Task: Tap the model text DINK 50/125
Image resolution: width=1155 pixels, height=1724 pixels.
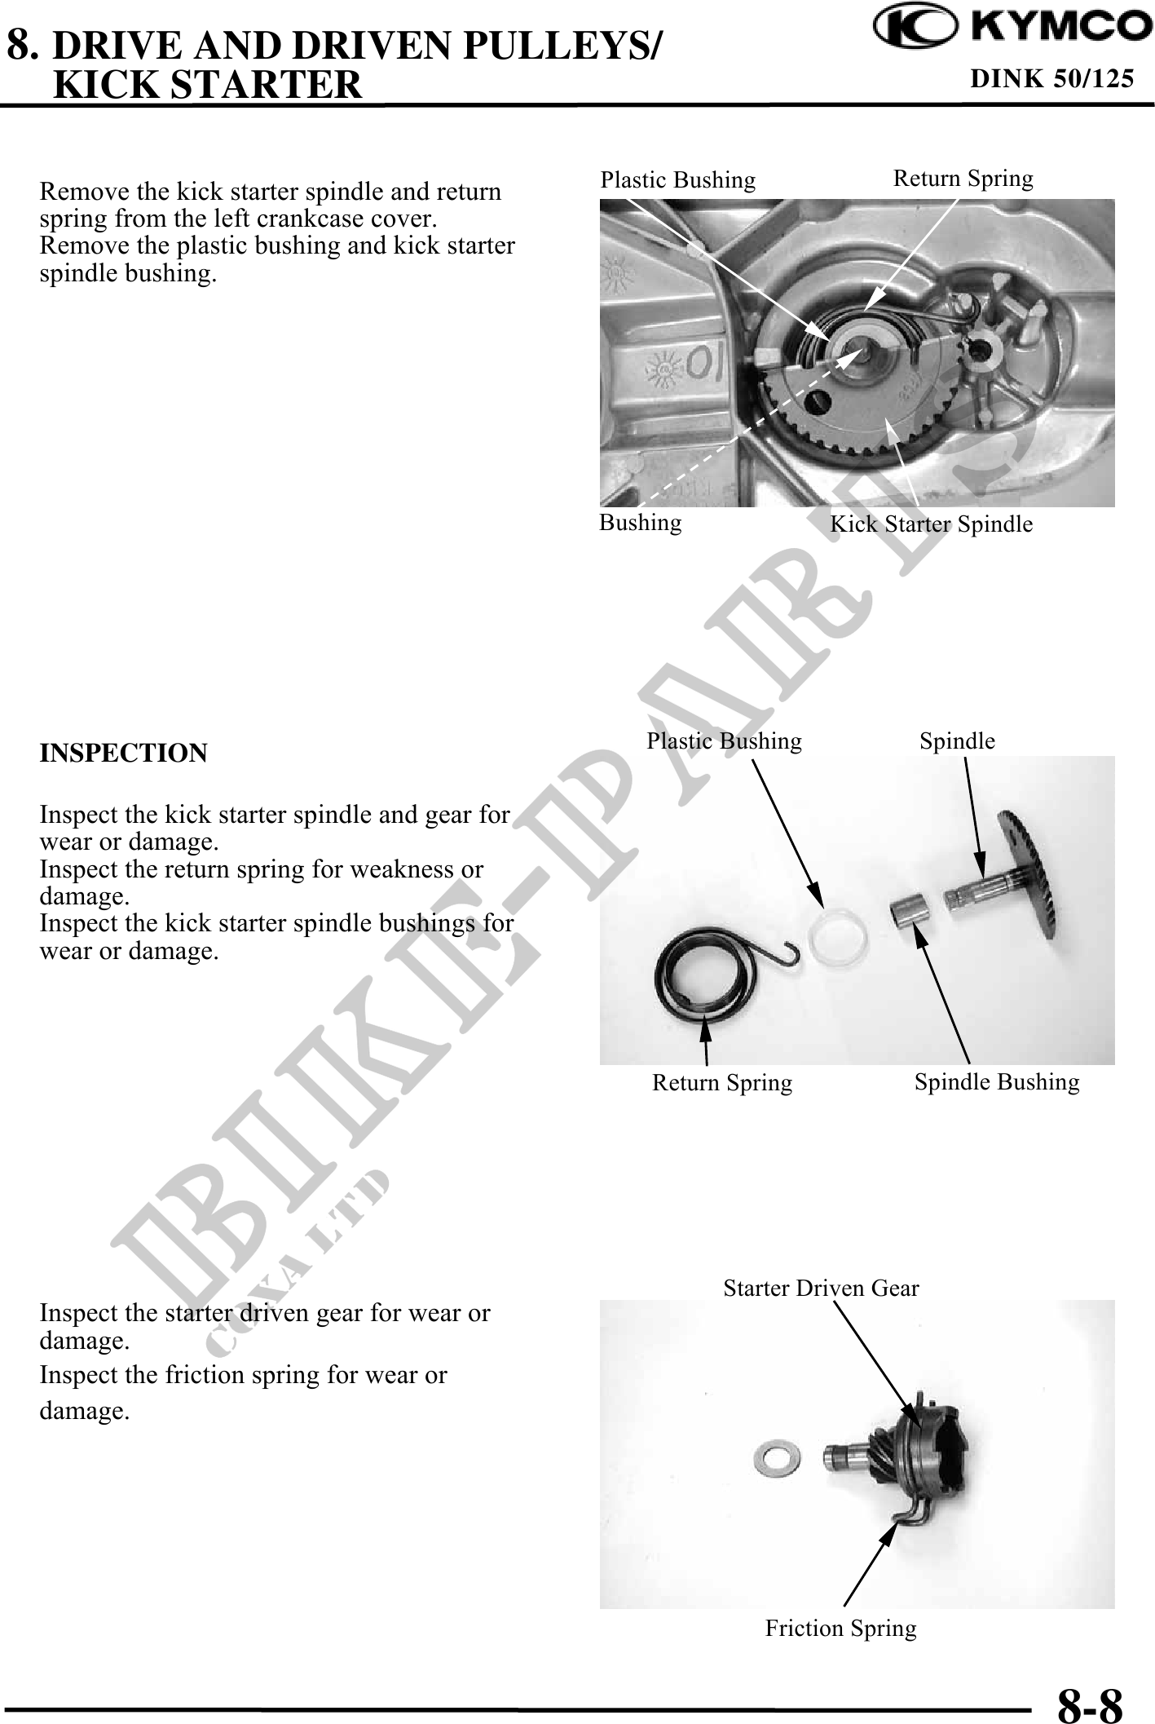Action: click(x=1051, y=78)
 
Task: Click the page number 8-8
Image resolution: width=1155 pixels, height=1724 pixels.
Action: click(x=1090, y=1703)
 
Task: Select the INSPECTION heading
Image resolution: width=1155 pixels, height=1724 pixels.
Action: click(x=123, y=753)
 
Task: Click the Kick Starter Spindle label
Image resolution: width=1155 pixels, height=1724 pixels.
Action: click(x=931, y=524)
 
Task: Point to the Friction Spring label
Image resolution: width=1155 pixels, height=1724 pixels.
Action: click(x=840, y=1628)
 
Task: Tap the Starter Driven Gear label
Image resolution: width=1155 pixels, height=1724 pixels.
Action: click(x=821, y=1288)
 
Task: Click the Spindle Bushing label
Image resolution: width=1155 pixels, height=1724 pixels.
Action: click(x=996, y=1081)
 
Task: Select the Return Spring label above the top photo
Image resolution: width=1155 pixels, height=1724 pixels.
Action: click(x=963, y=178)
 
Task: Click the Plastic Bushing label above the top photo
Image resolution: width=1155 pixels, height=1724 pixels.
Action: click(x=677, y=179)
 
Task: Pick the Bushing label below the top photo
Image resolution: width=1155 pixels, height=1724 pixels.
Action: click(x=640, y=522)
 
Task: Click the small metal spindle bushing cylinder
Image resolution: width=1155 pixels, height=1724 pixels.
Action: click(x=911, y=909)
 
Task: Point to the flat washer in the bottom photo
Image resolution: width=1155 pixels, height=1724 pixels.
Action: click(x=769, y=1454)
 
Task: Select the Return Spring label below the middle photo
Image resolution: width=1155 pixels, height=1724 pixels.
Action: click(x=721, y=1083)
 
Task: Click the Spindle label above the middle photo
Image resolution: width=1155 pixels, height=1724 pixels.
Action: click(x=957, y=740)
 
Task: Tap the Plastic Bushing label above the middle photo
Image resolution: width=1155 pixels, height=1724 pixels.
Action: click(x=724, y=740)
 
